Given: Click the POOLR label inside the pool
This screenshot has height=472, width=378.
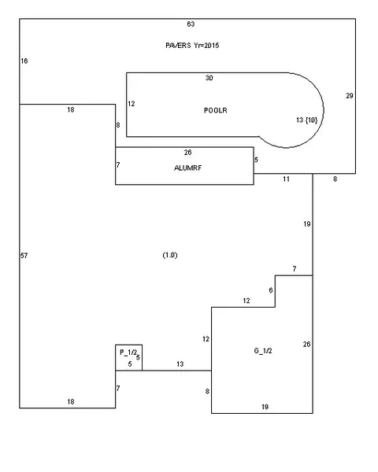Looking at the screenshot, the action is [216, 110].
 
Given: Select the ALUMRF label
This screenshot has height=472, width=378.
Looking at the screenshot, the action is [187, 168].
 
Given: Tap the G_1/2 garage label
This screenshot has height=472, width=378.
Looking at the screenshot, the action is [263, 351].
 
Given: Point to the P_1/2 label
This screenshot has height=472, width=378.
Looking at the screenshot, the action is [128, 352].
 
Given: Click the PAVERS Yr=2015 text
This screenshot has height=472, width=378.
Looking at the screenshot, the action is [192, 46].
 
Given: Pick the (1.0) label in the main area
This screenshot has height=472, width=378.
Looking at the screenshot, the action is [170, 255].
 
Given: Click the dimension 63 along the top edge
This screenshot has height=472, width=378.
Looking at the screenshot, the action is [191, 24].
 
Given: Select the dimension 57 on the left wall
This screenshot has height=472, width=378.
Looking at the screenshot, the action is [24, 256].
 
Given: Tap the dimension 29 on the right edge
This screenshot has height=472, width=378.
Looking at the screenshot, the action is [350, 96].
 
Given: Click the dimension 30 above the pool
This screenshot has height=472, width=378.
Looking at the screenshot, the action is [209, 78].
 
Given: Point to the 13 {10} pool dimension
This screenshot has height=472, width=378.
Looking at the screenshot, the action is [307, 120].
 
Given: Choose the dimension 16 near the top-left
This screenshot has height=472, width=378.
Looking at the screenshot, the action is [24, 61].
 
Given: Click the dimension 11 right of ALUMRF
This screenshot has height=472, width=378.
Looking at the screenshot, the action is [286, 179].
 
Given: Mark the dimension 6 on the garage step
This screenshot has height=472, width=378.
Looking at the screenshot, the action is [271, 290].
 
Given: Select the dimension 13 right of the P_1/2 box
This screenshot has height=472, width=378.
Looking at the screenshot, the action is [180, 364].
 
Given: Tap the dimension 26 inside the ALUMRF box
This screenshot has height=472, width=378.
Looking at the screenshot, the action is [187, 153].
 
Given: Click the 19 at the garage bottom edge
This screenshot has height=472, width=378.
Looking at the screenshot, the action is [265, 407].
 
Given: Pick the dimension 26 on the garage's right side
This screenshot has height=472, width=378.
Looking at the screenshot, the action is [306, 344].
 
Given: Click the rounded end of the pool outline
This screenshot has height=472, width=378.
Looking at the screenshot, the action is [324, 110].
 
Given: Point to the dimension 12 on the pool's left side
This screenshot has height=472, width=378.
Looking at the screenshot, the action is [132, 104].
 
